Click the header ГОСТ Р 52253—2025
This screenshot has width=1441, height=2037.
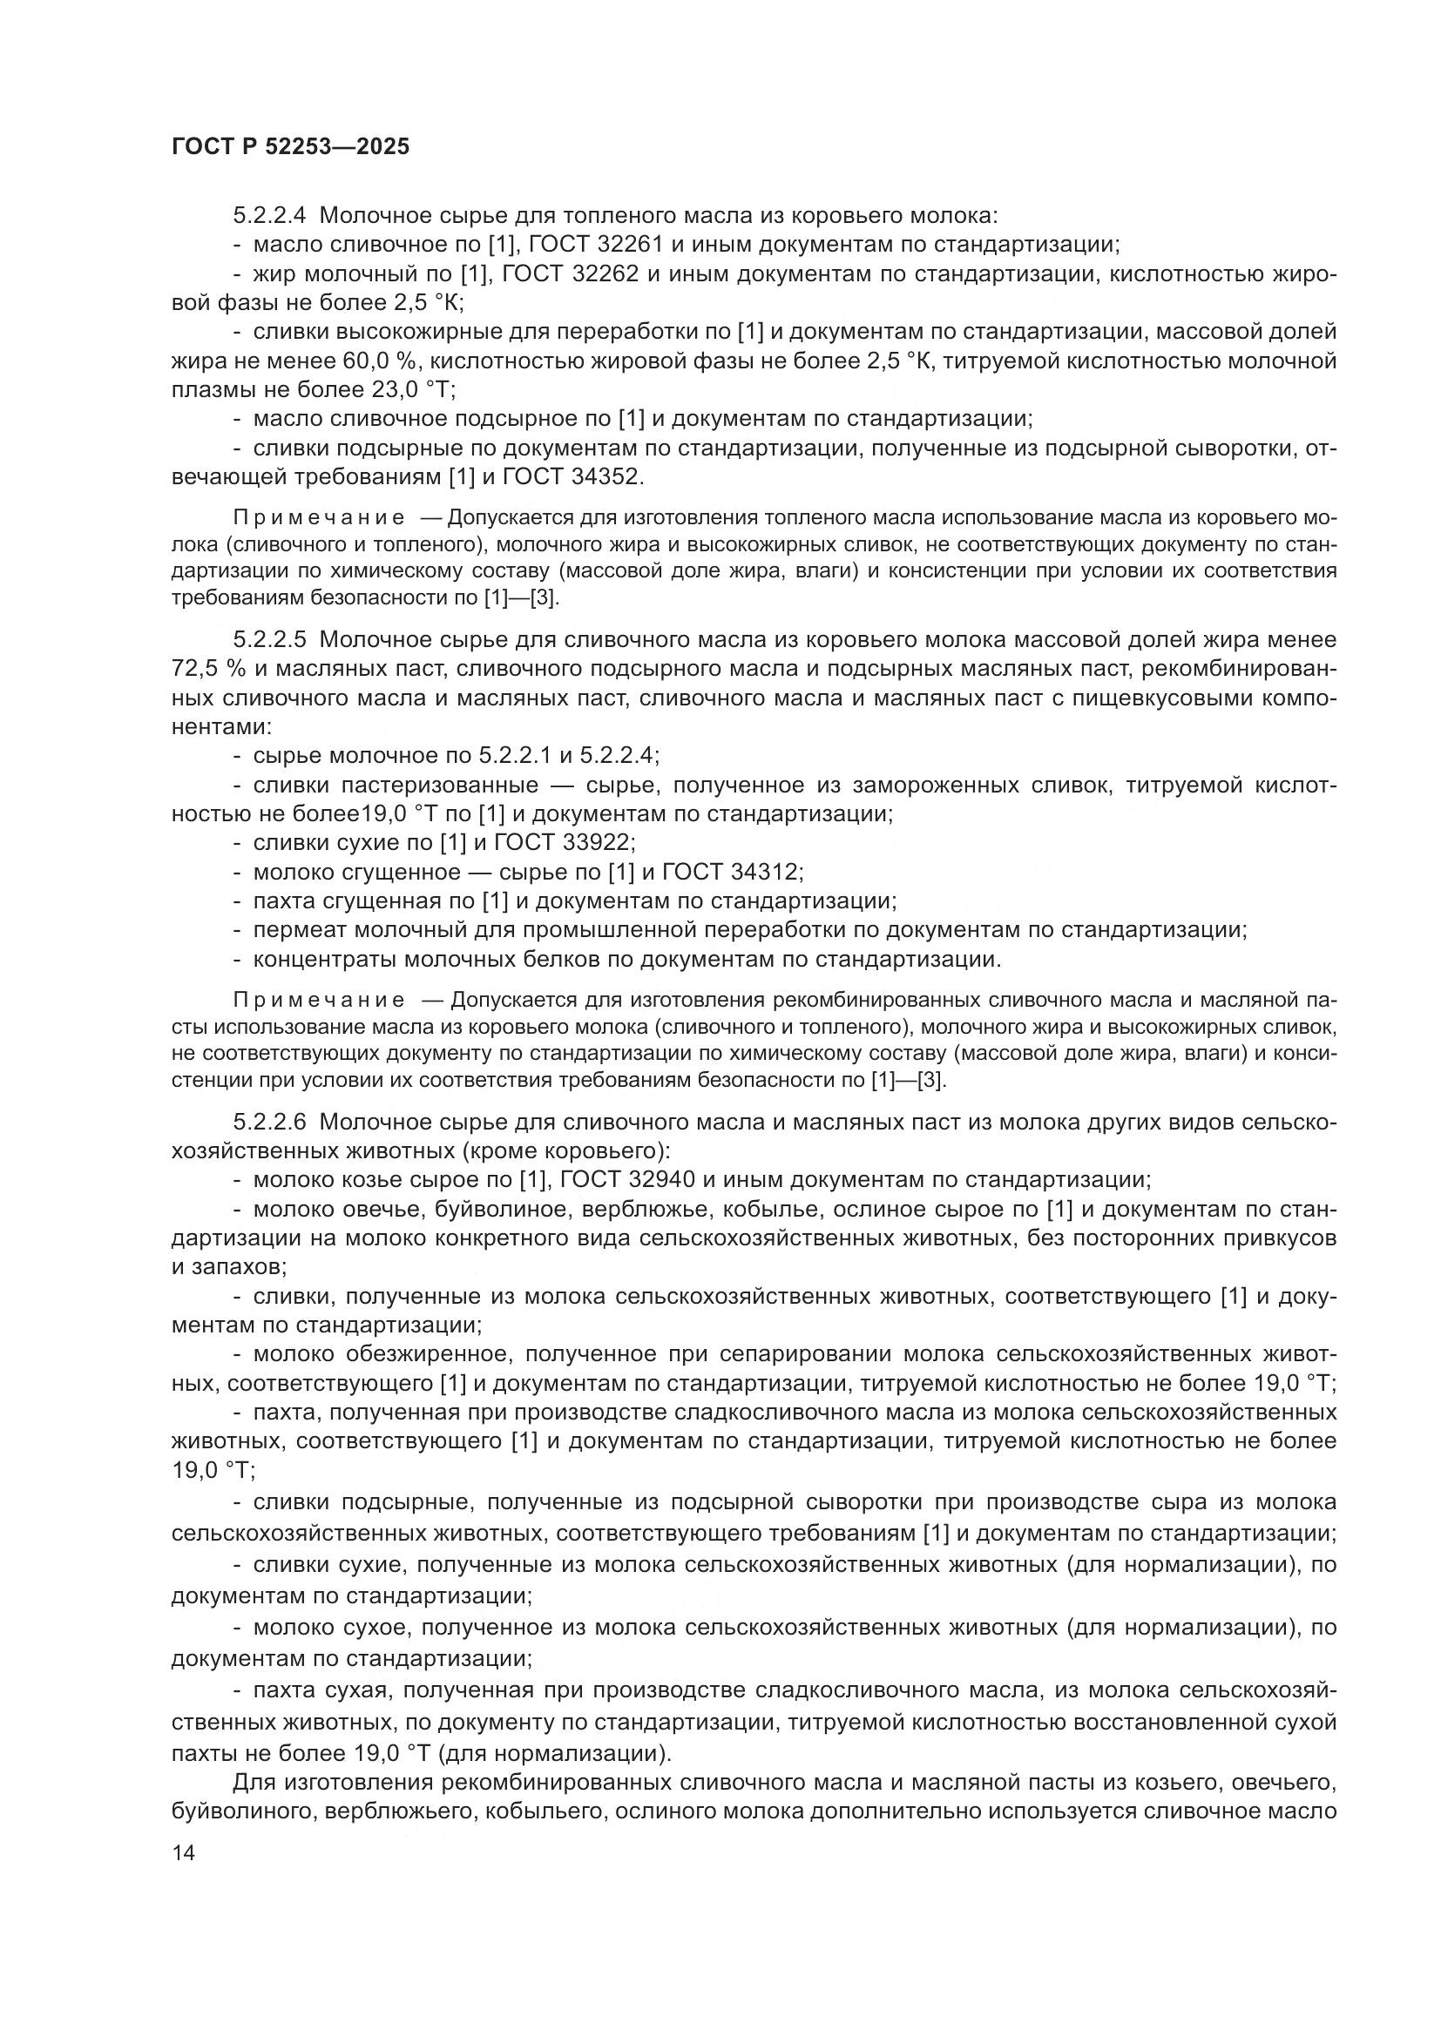pos(291,147)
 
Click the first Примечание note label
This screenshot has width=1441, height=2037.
pos(320,518)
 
